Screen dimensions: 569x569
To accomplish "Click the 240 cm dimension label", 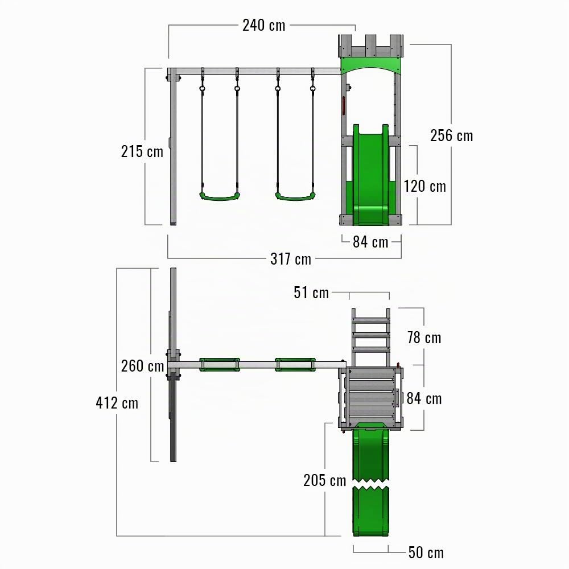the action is click(x=264, y=26).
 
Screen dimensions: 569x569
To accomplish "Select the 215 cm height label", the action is click(x=142, y=151).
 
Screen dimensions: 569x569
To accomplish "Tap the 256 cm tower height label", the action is click(x=451, y=136).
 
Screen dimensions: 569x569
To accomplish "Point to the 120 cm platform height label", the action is click(x=425, y=187).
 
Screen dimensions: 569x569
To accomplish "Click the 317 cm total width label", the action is click(x=291, y=259).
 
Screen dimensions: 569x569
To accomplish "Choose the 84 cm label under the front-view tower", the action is click(x=370, y=242).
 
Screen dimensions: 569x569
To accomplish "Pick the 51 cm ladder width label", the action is click(x=311, y=292).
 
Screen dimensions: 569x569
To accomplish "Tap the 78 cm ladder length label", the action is click(x=424, y=338).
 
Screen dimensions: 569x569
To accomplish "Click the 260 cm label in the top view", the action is click(x=143, y=366).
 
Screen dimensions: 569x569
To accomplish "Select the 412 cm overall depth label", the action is click(x=117, y=403).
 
